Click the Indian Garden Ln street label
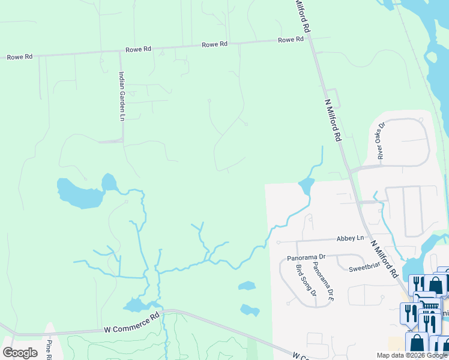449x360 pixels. pos(121,96)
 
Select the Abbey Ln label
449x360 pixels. pos(350,238)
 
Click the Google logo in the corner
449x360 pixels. pos(20,353)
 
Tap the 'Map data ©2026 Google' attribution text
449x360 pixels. pos(412,355)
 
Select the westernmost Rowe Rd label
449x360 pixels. pos(19,57)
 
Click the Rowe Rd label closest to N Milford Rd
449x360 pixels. pos(291,40)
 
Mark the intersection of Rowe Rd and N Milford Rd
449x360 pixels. pos(309,38)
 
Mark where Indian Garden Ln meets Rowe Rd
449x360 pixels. pos(120,52)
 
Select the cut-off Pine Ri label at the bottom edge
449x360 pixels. pos(49,350)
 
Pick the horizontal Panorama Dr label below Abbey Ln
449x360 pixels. pos(306,257)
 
